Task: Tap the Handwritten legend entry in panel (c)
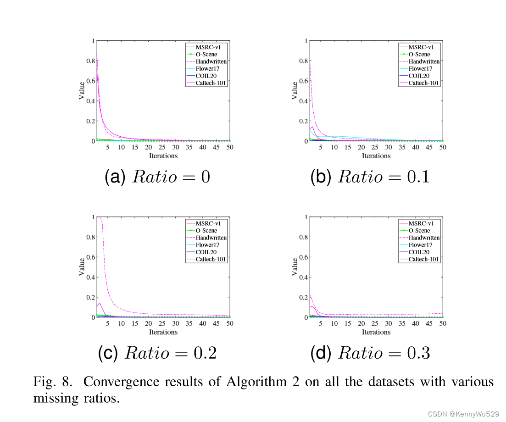coord(211,238)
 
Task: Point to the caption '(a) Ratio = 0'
coord(157,177)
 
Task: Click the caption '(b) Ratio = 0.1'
coord(370,177)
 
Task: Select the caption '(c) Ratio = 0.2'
coord(157,353)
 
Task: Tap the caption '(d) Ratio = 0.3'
coord(370,353)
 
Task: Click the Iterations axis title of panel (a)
coord(163,156)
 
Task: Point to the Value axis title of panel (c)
coord(82,267)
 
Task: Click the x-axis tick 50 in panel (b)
coord(443,147)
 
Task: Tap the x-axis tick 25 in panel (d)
coord(375,323)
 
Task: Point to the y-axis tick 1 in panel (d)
coord(306,217)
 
